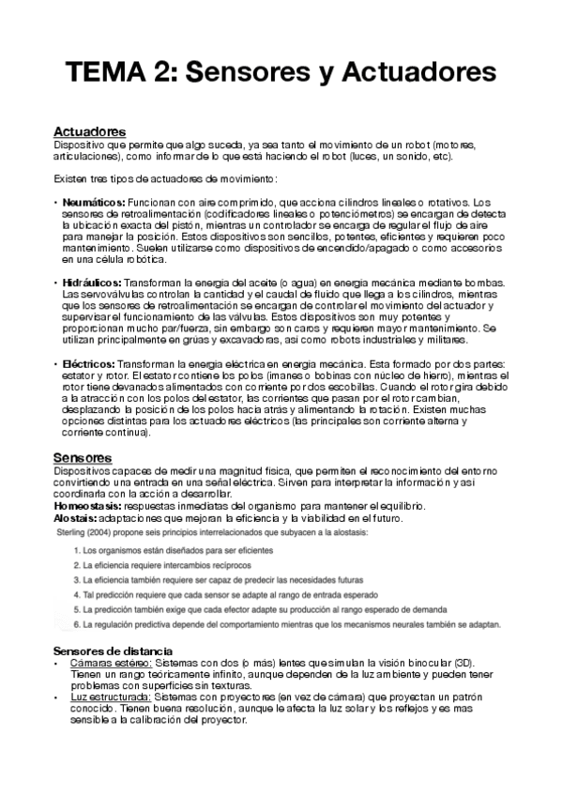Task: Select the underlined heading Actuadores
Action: (x=90, y=131)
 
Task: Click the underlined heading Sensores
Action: (x=83, y=457)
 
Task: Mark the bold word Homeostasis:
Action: (x=92, y=506)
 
